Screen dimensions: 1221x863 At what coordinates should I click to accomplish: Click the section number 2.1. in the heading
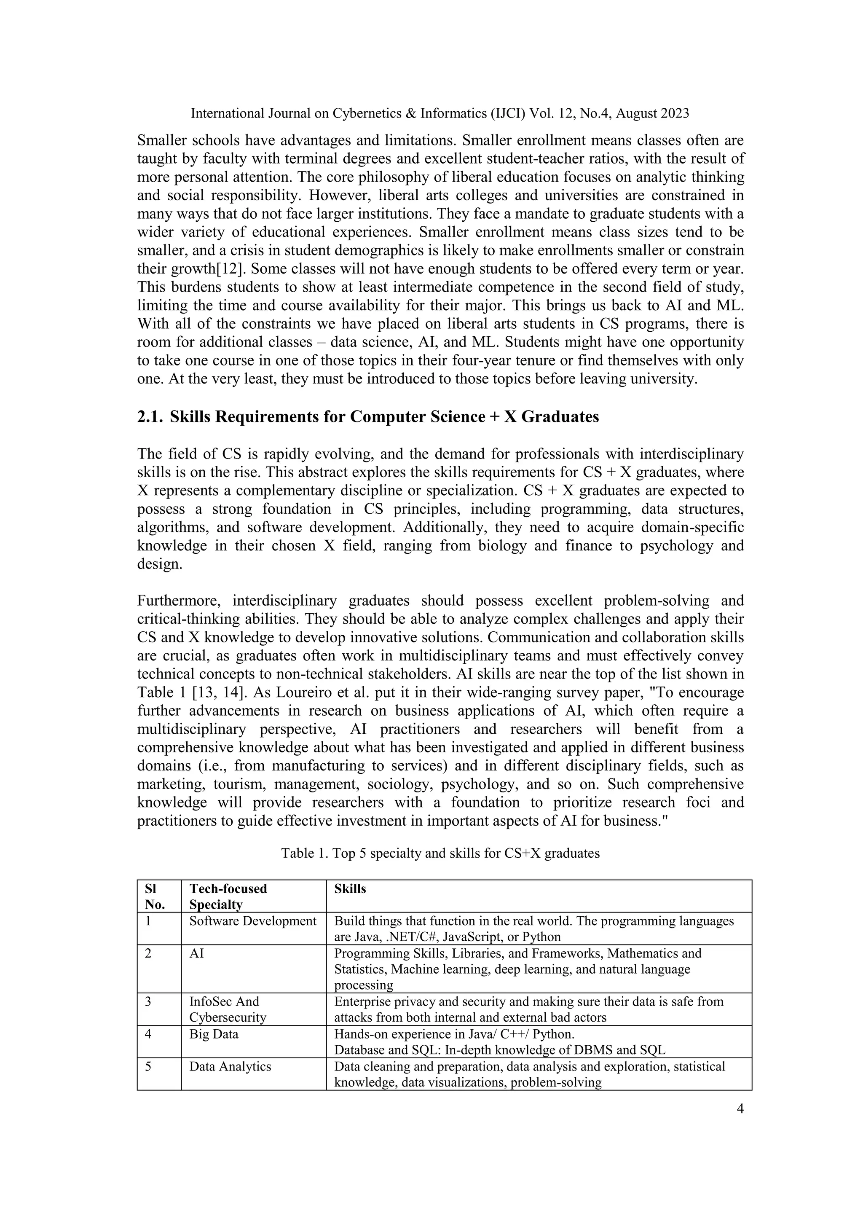150,416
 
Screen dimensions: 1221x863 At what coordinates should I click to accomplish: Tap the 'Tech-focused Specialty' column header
228,896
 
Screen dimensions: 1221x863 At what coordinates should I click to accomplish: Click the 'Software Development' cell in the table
252,921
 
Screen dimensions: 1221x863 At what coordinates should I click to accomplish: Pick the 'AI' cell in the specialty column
197,953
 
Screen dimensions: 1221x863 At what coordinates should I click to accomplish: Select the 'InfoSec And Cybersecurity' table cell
228,1009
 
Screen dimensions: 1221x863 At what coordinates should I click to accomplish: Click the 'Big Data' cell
214,1034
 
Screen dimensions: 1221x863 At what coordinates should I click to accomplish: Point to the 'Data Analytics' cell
230,1066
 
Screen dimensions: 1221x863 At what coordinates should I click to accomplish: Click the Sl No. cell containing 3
148,1001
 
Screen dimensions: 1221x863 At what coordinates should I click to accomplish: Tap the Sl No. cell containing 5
148,1066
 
